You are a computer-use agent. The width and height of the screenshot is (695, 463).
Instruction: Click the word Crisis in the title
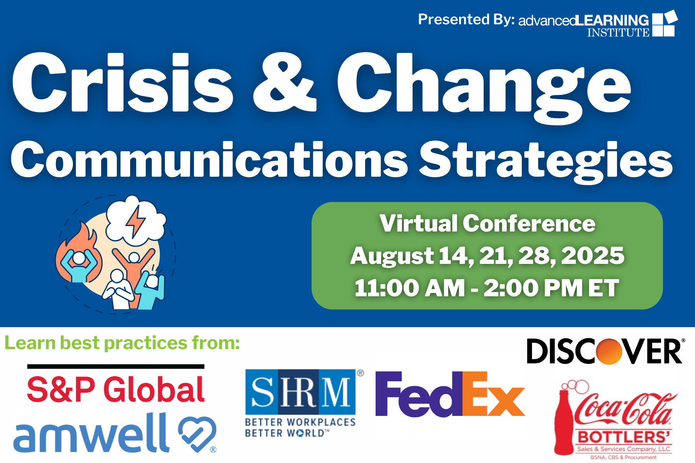tap(123, 83)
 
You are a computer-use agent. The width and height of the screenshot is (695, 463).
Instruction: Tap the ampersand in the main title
tap(285, 83)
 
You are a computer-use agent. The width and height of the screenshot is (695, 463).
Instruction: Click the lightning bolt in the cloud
tap(136, 222)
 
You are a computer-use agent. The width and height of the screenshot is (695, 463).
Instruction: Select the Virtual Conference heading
tap(487, 223)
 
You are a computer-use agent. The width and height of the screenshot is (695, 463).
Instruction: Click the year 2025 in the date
tap(592, 255)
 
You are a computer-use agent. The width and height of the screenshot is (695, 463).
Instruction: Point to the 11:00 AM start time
tap(410, 288)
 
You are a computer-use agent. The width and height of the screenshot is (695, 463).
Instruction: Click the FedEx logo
tap(450, 394)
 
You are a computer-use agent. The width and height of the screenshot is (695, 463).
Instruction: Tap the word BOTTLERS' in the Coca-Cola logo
tap(624, 437)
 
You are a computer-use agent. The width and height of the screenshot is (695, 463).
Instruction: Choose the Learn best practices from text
tap(122, 343)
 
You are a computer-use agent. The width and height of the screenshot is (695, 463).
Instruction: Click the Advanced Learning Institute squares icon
tap(664, 24)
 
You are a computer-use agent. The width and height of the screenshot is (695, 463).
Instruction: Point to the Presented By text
tap(466, 19)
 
